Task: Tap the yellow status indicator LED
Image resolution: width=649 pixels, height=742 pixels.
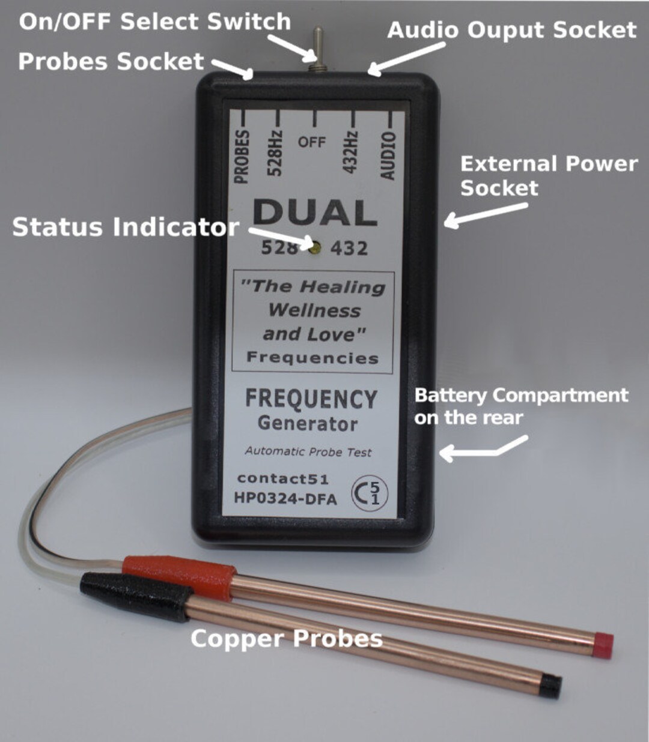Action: pyautogui.click(x=314, y=246)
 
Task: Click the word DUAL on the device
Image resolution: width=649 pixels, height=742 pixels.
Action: pyautogui.click(x=314, y=213)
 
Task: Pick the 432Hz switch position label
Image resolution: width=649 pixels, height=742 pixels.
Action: pyautogui.click(x=350, y=152)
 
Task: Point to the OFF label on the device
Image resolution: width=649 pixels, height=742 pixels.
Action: pyautogui.click(x=312, y=142)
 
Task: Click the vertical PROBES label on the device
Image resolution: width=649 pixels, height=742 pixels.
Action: pyautogui.click(x=241, y=155)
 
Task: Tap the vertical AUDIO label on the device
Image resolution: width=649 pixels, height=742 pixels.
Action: pyautogui.click(x=389, y=155)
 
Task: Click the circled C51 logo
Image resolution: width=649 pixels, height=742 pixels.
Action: pyautogui.click(x=370, y=493)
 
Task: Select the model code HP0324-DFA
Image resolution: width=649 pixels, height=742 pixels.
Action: pyautogui.click(x=285, y=498)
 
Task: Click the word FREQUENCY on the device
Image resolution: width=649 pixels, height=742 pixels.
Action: pyautogui.click(x=311, y=399)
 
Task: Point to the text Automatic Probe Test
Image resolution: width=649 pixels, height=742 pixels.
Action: pyautogui.click(x=308, y=451)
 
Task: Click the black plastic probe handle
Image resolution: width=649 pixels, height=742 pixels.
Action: pyautogui.click(x=136, y=596)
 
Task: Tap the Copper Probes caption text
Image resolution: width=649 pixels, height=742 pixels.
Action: pyautogui.click(x=286, y=638)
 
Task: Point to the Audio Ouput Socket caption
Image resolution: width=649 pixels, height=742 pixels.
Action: pyautogui.click(x=511, y=30)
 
